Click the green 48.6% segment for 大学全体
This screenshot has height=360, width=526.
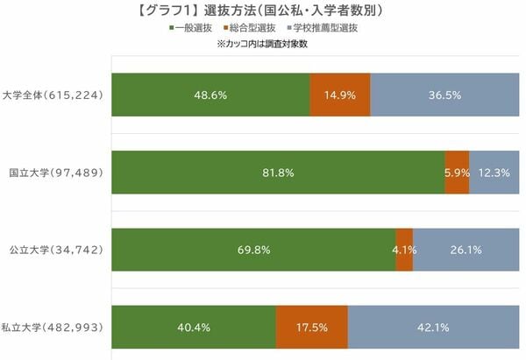point(211,95)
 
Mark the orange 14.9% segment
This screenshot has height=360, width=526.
point(340,95)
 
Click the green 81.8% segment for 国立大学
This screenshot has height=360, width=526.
point(278,173)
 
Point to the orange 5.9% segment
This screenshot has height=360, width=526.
point(457,173)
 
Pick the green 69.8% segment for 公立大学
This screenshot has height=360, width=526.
point(254,250)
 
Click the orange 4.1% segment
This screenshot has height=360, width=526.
point(404,250)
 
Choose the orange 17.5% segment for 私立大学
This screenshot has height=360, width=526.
point(312,328)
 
